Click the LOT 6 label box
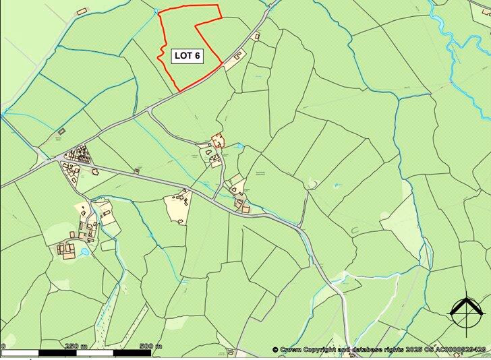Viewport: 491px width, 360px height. tap(187, 56)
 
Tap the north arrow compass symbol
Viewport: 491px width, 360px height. tap(467, 311)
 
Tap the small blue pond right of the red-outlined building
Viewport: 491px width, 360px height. tap(239, 145)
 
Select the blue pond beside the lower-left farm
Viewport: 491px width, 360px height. tap(84, 251)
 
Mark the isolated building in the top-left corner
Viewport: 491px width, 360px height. tap(82, 11)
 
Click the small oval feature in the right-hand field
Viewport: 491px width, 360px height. tap(312, 183)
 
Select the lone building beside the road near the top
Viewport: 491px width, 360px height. tap(256, 36)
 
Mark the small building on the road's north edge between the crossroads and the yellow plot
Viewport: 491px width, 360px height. tap(137, 170)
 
